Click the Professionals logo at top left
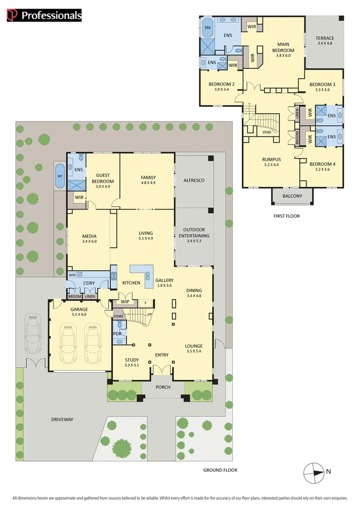[x=44, y=15]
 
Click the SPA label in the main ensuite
[x=208, y=28]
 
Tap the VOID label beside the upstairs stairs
[x=266, y=132]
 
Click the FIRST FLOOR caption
[x=286, y=216]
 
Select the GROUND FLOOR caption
[x=220, y=470]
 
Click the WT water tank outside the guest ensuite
[x=60, y=176]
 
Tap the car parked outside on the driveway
[x=32, y=334]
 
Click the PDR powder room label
[x=117, y=333]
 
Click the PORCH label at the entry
[x=162, y=387]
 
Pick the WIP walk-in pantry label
[x=125, y=302]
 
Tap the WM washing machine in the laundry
[x=72, y=275]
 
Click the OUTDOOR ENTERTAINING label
[x=194, y=233]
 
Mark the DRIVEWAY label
[x=62, y=419]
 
